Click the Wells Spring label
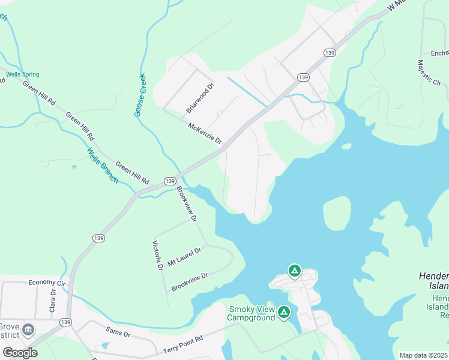(x=23, y=75)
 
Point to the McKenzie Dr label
(x=205, y=134)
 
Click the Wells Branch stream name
(x=102, y=165)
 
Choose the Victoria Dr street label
(x=157, y=255)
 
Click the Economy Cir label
(x=46, y=282)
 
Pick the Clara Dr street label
(x=53, y=301)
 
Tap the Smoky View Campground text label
(x=252, y=313)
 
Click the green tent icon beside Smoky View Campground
(x=284, y=313)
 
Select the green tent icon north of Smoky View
(x=294, y=271)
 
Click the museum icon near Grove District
(x=28, y=329)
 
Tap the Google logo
(x=20, y=352)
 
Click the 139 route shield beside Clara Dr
(x=65, y=322)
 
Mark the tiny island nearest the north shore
(x=346, y=146)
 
